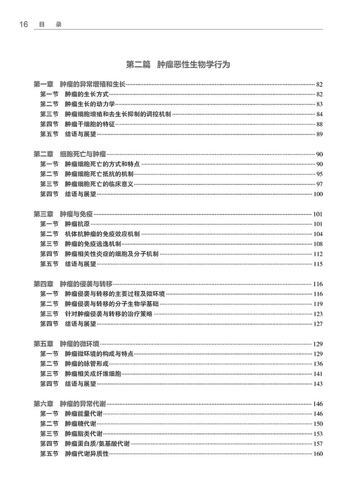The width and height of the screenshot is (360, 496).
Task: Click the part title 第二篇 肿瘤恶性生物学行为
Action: (x=179, y=65)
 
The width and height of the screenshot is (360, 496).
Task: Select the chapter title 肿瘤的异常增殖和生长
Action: (x=92, y=85)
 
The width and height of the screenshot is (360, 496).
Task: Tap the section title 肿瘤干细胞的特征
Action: (x=90, y=124)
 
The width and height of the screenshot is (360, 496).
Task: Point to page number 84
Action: (x=319, y=114)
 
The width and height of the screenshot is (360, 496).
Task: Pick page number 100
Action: (x=318, y=194)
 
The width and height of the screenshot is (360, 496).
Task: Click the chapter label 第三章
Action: (x=43, y=214)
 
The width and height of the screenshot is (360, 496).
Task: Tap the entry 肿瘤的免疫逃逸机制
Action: (x=93, y=244)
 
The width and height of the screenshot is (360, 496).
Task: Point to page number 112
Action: (x=318, y=254)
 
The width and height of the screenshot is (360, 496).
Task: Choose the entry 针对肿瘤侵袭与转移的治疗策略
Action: (x=109, y=314)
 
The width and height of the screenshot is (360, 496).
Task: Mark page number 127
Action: (x=318, y=324)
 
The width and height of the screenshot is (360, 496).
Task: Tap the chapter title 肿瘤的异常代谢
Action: (x=82, y=404)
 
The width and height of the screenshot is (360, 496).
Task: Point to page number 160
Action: (x=318, y=454)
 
